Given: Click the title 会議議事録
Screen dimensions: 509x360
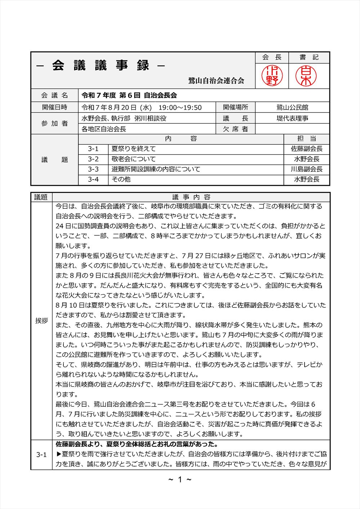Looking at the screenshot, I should [100, 66].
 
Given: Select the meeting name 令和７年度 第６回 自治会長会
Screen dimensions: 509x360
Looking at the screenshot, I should [129, 95].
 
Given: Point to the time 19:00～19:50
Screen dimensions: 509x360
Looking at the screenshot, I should [180, 108].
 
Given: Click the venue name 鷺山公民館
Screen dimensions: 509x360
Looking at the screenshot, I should [292, 108].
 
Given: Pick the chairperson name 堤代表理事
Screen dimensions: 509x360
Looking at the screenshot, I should [292, 118].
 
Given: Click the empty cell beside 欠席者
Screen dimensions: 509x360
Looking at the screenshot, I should [292, 129].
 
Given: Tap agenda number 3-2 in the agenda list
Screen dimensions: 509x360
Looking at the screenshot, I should [93, 159].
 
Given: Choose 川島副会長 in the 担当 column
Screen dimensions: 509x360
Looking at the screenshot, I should [307, 169].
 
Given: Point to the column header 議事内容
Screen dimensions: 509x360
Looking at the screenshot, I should [191, 197].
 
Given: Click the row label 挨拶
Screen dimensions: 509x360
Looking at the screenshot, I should [41, 321].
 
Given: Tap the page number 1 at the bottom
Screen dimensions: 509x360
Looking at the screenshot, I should [180, 479].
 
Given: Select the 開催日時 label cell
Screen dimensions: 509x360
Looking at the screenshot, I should [54, 107].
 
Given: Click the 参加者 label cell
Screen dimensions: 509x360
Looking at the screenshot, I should [54, 123].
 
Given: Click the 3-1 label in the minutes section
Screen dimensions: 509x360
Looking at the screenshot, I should [41, 455].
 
